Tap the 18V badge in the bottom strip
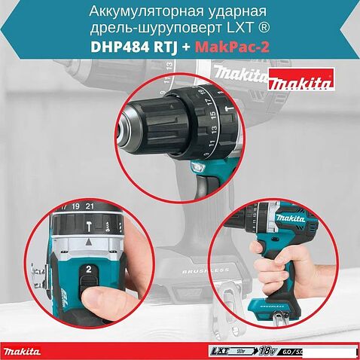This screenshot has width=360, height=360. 267,350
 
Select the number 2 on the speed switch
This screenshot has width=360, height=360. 89,269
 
